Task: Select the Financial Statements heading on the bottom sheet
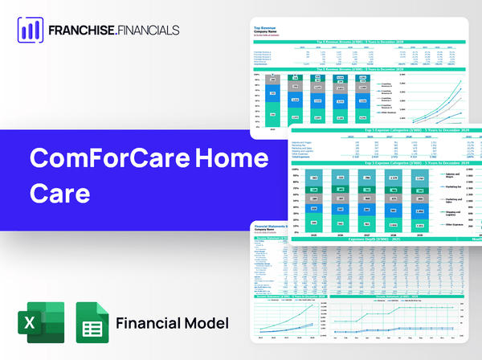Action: pyautogui.click(x=277, y=227)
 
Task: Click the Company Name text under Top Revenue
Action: pyautogui.click(x=269, y=33)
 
